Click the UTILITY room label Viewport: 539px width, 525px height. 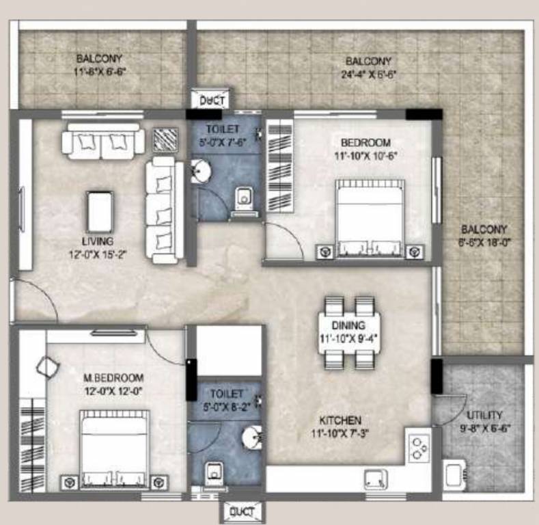point(485,415)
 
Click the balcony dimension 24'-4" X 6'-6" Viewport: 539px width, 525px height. point(368,72)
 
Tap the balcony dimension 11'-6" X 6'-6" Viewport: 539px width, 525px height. point(100,70)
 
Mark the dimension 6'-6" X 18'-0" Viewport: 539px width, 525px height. point(484,241)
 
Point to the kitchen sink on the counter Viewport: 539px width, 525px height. point(376,478)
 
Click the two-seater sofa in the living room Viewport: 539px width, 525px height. point(102,142)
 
